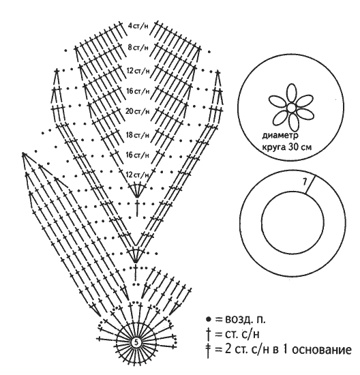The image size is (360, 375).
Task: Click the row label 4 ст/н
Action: [x=138, y=26]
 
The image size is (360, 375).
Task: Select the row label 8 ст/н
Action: [x=138, y=48]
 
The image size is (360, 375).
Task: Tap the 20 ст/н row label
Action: [x=138, y=111]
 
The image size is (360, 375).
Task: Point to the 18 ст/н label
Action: [x=138, y=135]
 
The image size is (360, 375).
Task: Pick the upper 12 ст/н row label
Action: [x=138, y=71]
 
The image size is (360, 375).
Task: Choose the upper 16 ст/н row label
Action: [x=138, y=91]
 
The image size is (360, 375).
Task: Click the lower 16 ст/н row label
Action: [x=138, y=155]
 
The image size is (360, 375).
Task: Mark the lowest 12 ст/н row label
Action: [x=137, y=175]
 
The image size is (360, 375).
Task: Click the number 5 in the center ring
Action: [x=136, y=343]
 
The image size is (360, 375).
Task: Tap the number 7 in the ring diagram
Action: [x=305, y=183]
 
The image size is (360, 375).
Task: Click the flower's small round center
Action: [x=291, y=108]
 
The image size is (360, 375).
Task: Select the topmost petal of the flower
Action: [x=291, y=94]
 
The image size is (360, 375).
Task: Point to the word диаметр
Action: [x=280, y=136]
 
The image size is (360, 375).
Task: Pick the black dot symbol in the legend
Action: [x=209, y=319]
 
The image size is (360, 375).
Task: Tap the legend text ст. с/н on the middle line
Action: [x=242, y=334]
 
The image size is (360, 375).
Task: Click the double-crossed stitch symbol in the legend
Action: [x=209, y=350]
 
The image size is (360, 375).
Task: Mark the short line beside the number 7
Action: [x=310, y=184]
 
